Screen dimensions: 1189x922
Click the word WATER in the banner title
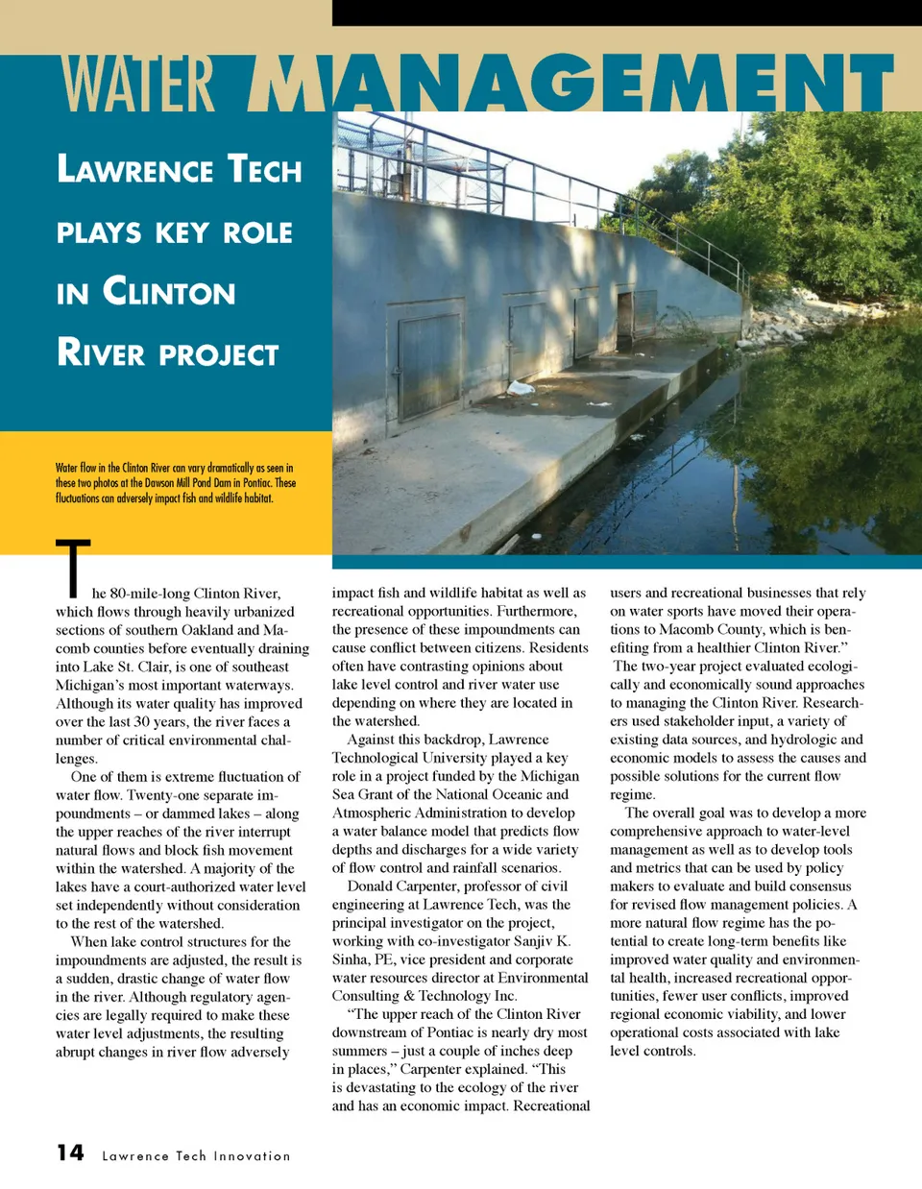tap(138, 84)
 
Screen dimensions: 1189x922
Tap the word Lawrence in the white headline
tap(134, 170)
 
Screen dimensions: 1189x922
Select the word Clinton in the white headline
tap(169, 291)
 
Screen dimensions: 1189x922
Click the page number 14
tap(70, 1153)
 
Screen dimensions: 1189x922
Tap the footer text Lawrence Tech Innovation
tap(196, 1155)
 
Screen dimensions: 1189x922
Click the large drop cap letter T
tap(73, 569)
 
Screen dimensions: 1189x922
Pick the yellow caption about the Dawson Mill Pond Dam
tap(176, 483)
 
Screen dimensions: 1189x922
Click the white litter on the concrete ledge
tap(521, 388)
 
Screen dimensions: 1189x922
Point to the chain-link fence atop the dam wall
tap(432, 154)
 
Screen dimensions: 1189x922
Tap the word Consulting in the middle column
tap(365, 996)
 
